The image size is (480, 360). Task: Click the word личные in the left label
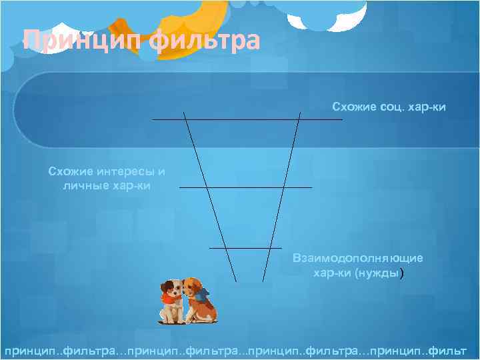pos(83,185)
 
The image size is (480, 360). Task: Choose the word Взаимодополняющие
pos(357,259)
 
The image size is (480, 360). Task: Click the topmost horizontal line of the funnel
pos(247,119)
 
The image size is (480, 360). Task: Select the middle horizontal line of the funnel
pos(245,187)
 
